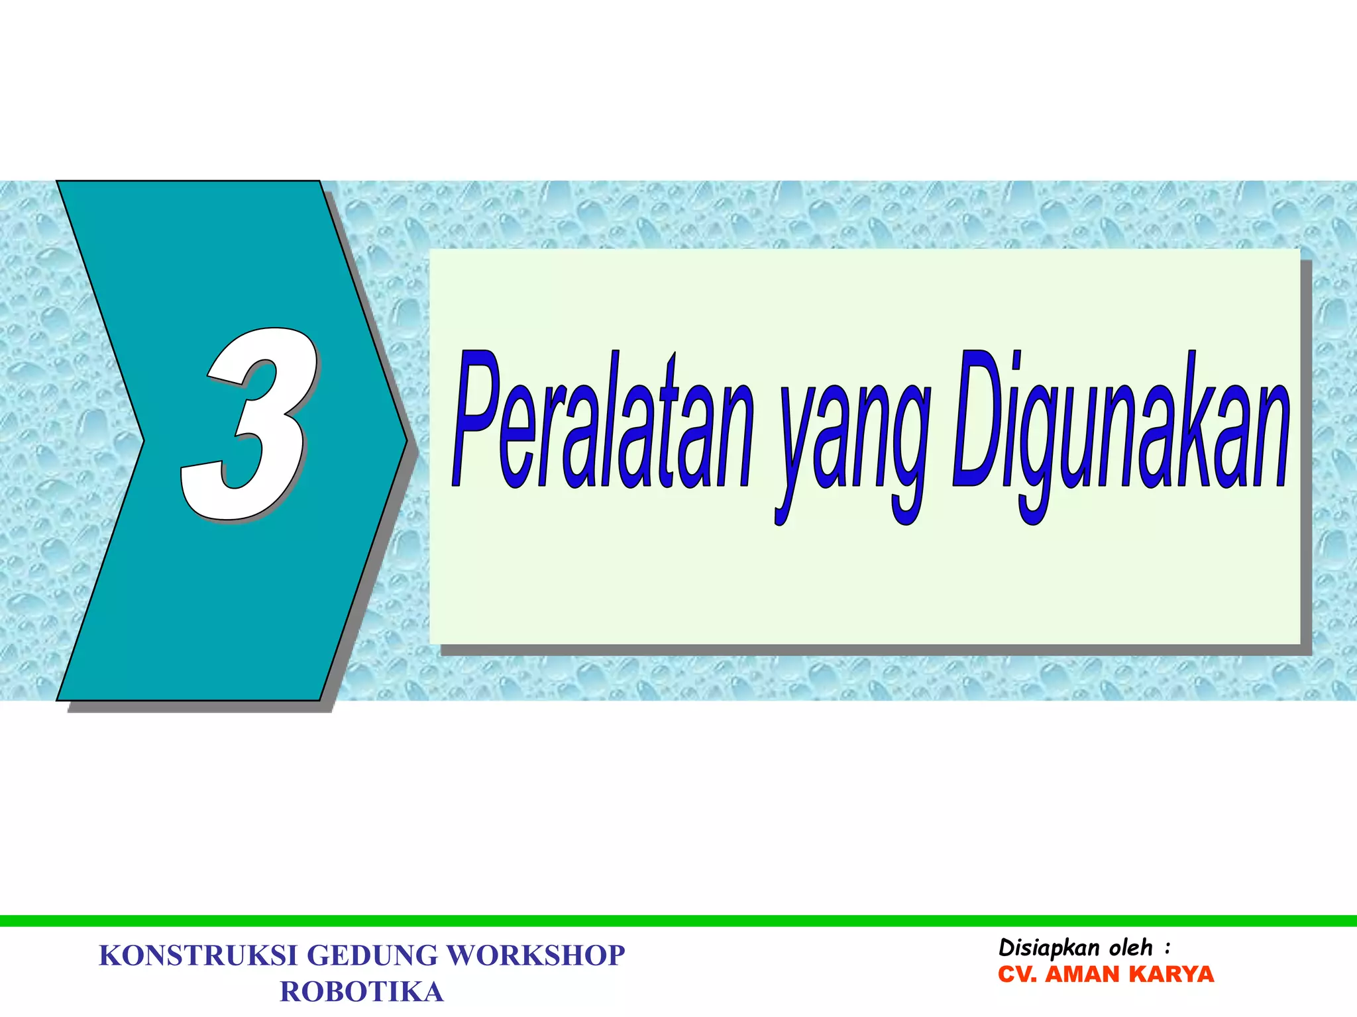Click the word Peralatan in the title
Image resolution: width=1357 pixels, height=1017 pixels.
(x=603, y=424)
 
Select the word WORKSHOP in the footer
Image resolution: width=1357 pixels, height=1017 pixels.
(x=535, y=956)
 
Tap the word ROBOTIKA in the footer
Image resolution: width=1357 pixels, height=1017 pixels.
(x=362, y=992)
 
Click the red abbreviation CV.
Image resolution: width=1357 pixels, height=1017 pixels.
(x=1017, y=975)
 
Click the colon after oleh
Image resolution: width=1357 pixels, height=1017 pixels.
(x=1167, y=949)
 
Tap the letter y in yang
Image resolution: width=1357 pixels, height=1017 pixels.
(x=795, y=450)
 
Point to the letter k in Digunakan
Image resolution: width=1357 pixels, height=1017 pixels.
(x=1201, y=424)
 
